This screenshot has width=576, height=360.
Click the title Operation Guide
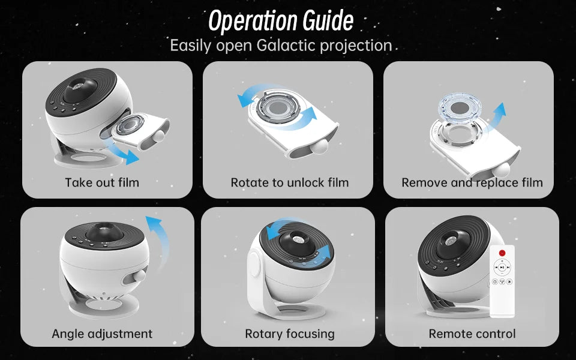[281, 21]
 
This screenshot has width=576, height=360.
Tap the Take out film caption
[102, 182]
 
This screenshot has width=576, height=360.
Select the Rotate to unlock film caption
[289, 182]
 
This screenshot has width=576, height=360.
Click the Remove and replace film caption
[472, 182]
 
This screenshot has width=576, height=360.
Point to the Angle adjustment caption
[102, 334]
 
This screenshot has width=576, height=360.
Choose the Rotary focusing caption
[289, 334]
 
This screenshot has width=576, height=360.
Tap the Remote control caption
[472, 334]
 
